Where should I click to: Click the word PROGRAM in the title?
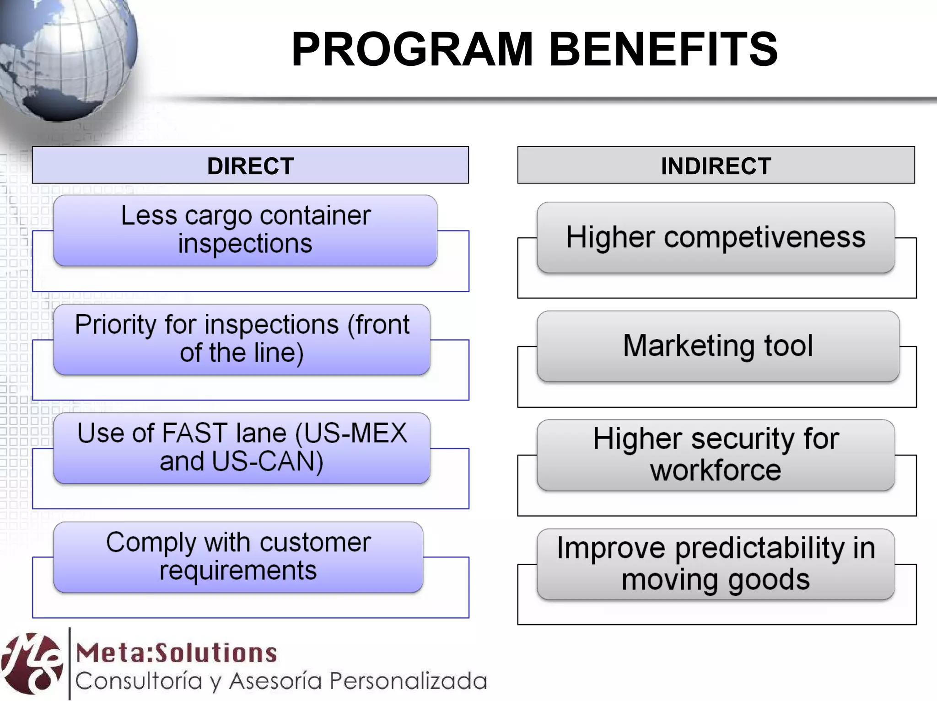click(412, 49)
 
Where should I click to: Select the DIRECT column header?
click(250, 166)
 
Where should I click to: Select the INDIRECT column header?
click(716, 166)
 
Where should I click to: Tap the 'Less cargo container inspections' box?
click(245, 230)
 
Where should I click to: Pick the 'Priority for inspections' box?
click(242, 339)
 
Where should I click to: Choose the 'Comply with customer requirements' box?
click(238, 557)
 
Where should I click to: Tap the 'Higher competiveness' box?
click(716, 237)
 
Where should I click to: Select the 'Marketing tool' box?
click(718, 346)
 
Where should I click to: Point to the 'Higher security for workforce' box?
click(716, 455)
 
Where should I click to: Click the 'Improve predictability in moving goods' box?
click(716, 564)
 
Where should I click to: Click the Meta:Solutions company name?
click(177, 653)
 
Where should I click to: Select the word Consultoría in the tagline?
click(139, 681)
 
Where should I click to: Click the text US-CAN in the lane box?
click(267, 461)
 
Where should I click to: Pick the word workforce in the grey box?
click(716, 471)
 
